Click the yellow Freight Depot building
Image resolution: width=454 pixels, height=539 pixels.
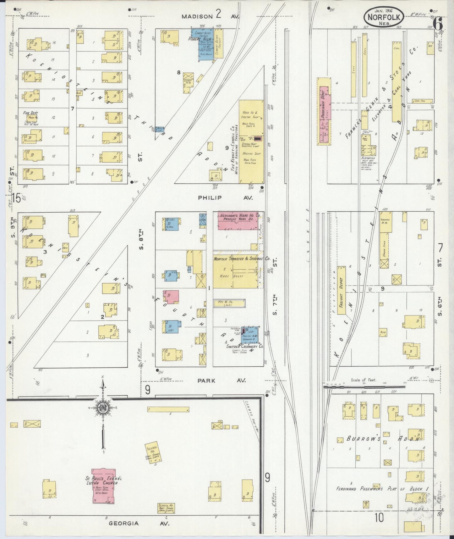(x=342, y=290)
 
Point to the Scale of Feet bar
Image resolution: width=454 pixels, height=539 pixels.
(x=364, y=386)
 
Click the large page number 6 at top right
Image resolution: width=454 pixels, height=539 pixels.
(x=438, y=23)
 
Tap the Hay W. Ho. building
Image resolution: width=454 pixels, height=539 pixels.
(x=229, y=303)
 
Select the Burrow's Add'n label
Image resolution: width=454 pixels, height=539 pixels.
(x=383, y=439)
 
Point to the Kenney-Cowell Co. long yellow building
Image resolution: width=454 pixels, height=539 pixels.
(x=251, y=142)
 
